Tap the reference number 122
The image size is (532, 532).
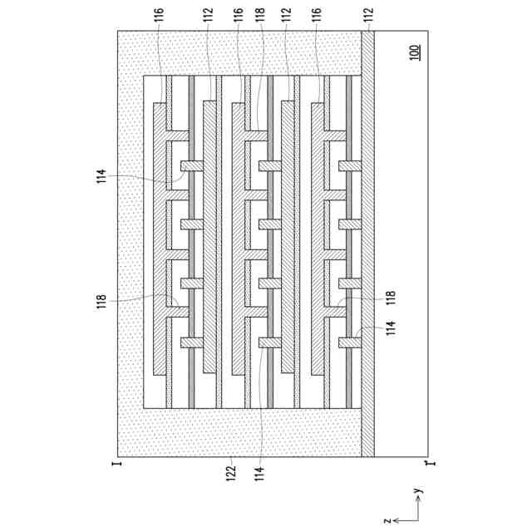231,471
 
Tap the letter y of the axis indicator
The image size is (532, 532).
421,491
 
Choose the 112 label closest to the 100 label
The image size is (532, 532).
368,15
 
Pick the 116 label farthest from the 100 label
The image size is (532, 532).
158,15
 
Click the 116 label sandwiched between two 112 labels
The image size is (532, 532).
237,15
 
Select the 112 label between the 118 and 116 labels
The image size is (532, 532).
286,15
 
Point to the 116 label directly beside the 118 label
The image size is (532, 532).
237,15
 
